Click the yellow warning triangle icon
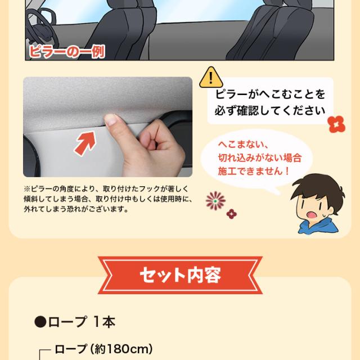[211, 78]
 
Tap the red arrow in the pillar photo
[85, 143]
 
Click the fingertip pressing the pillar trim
[111, 119]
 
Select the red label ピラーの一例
[66, 52]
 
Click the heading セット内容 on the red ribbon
[180, 274]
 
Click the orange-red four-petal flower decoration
[336, 124]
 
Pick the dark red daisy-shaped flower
[215, 201]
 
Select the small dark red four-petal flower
[231, 214]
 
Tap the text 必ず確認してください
[270, 111]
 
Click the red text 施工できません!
[254, 171]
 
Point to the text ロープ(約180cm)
[103, 349]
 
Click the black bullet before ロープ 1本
[40, 322]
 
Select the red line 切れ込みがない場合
[260, 158]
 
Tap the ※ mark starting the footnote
[27, 189]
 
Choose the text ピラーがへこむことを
[270, 94]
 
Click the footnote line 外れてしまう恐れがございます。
[76, 209]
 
